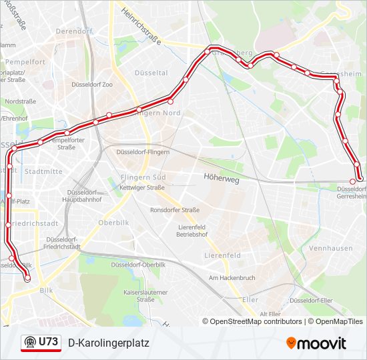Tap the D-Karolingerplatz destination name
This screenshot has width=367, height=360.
click(109, 343)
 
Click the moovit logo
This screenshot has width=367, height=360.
click(316, 343)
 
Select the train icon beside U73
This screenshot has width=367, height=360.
click(29, 343)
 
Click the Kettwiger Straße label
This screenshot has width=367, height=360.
click(141, 188)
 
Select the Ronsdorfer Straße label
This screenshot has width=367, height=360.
click(175, 210)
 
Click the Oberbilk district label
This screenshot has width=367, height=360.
click(113, 223)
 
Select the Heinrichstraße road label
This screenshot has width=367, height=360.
click(141, 26)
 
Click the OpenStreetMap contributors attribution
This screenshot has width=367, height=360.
click(252, 321)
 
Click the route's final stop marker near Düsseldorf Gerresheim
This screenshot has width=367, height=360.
click(353, 181)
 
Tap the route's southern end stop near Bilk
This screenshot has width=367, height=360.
click(27, 279)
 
